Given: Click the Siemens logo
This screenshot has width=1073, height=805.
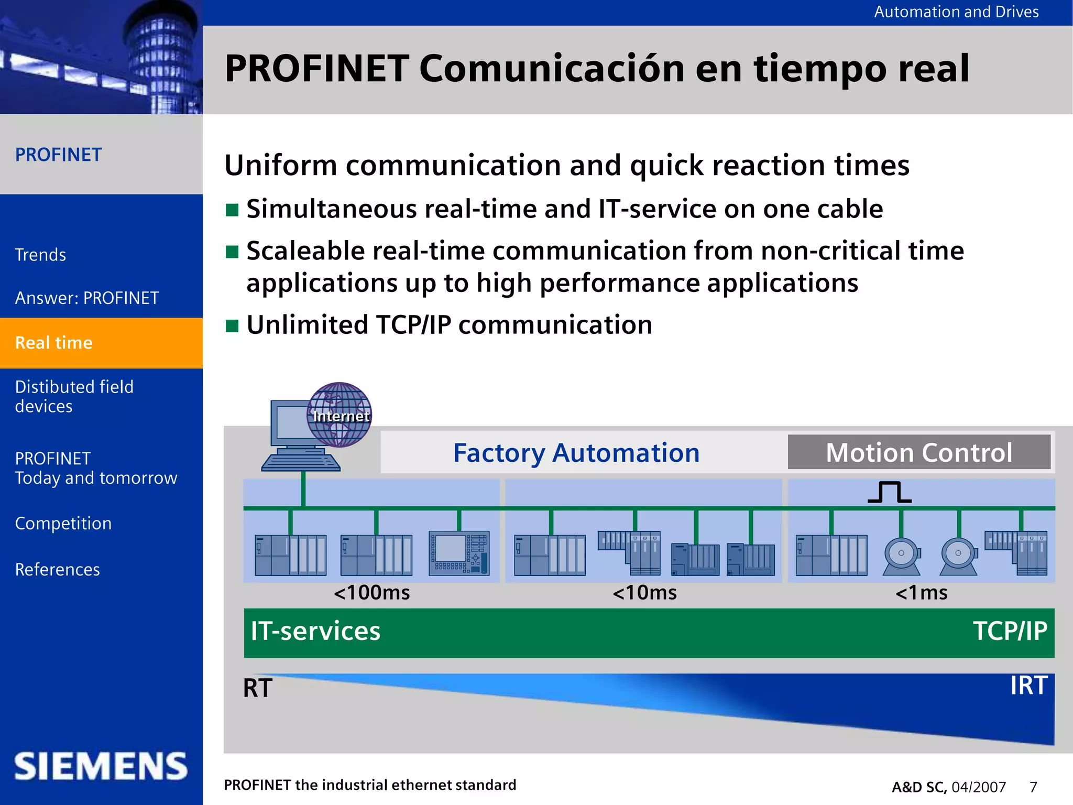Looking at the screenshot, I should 101,766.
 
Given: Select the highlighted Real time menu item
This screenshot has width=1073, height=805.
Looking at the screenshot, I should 54,343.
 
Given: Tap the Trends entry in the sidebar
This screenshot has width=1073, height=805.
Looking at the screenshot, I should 40,255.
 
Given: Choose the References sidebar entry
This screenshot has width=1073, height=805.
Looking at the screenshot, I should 57,569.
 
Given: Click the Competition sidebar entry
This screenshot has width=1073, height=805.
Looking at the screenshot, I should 63,524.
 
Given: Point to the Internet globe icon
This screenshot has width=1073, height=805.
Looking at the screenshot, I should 340,415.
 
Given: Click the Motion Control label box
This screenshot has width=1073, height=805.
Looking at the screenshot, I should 919,452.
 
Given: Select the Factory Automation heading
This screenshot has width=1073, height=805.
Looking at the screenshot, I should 576,453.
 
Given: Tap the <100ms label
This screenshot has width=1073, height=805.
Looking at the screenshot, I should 371,593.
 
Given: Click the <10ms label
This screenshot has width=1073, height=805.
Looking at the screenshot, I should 644,593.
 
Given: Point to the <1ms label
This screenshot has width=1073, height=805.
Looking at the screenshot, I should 921,593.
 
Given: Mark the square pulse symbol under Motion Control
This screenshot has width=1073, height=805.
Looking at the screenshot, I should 889,492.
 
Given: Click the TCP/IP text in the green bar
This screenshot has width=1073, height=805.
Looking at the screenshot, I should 1010,631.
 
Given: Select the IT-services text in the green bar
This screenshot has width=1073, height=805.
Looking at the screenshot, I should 315,631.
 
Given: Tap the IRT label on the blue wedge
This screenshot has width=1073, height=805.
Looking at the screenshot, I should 1028,686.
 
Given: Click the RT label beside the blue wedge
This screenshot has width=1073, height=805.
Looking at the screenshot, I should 257,688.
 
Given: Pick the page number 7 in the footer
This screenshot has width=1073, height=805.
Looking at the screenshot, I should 1033,787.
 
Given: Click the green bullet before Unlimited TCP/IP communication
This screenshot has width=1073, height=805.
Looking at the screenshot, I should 232,326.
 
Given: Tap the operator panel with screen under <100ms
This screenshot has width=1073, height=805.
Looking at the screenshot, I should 459,553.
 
